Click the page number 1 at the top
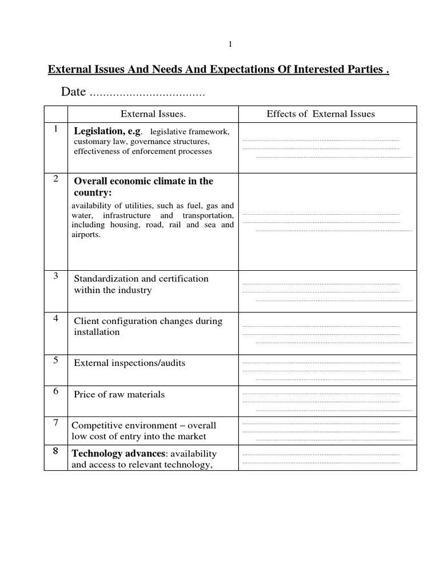click(x=230, y=44)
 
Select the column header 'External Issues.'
click(x=153, y=114)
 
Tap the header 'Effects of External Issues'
click(x=321, y=114)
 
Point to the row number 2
click(x=56, y=179)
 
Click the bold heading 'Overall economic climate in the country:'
click(x=143, y=187)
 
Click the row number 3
click(x=56, y=276)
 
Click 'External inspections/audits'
click(x=130, y=363)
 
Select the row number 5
click(x=56, y=360)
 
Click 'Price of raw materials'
click(x=119, y=394)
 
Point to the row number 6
click(x=56, y=391)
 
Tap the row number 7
click(x=56, y=423)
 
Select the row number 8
click(x=56, y=451)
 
